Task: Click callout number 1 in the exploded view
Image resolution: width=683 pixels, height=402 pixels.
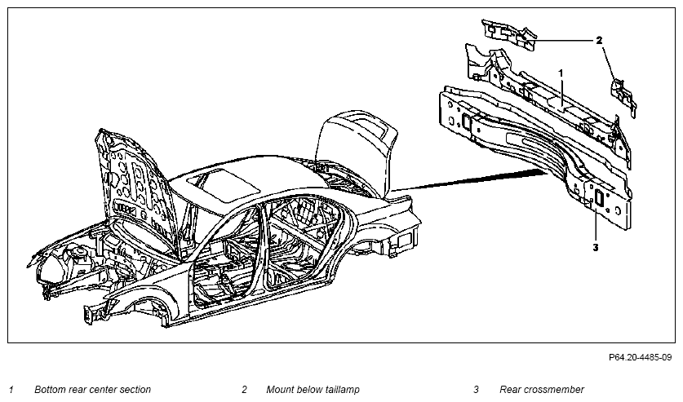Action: [x=561, y=73]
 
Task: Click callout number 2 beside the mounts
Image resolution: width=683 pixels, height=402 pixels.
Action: [x=599, y=41]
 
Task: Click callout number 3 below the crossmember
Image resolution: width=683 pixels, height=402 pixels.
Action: [x=596, y=248]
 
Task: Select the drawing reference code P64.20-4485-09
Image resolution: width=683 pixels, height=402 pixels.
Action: [x=641, y=358]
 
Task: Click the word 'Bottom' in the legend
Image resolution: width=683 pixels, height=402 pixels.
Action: [x=49, y=390]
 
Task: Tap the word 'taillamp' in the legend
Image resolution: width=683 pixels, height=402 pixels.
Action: [x=343, y=390]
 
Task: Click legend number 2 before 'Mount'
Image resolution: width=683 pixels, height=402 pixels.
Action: [x=244, y=390]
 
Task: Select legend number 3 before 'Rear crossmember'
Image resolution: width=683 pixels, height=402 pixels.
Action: [x=476, y=390]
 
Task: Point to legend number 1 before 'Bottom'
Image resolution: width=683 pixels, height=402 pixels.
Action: [x=11, y=390]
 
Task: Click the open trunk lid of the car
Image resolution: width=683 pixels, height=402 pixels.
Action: [x=357, y=148]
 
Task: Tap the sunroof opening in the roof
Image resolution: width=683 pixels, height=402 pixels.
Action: [x=223, y=186]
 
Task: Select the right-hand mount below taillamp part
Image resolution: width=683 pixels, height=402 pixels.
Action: [x=623, y=96]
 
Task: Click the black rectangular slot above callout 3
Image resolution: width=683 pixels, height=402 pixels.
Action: [x=598, y=197]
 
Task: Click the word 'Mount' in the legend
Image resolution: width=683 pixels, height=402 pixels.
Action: [x=280, y=390]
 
